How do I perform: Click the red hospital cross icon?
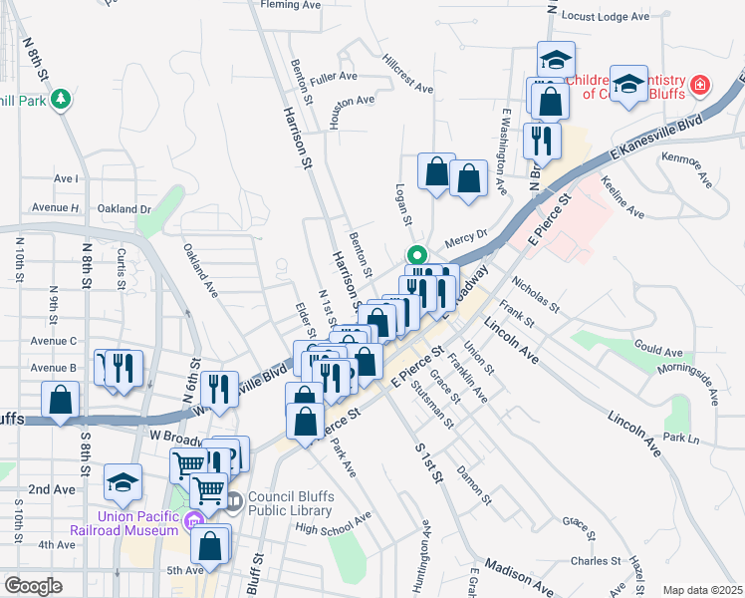(x=701, y=86)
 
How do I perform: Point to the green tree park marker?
(x=63, y=98)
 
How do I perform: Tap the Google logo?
(x=33, y=586)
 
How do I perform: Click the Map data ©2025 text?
(x=702, y=590)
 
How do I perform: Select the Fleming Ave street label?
(x=290, y=5)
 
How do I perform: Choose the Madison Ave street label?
(x=518, y=577)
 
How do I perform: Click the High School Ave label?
(x=333, y=522)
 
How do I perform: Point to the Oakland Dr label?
(x=124, y=209)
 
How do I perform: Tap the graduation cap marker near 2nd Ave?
(x=124, y=482)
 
